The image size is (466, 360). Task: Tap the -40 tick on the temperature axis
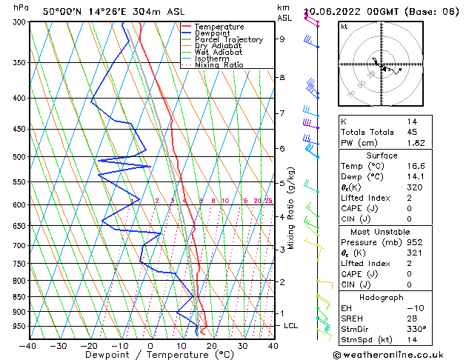click(x=28, y=346)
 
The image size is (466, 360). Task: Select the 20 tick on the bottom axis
click(x=212, y=346)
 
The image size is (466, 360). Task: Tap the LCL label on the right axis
click(x=292, y=326)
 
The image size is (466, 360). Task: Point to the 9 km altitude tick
click(x=282, y=39)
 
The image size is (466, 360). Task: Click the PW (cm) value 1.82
click(x=416, y=143)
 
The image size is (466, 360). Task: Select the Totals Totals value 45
click(x=412, y=132)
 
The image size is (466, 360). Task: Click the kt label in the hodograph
click(x=344, y=27)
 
